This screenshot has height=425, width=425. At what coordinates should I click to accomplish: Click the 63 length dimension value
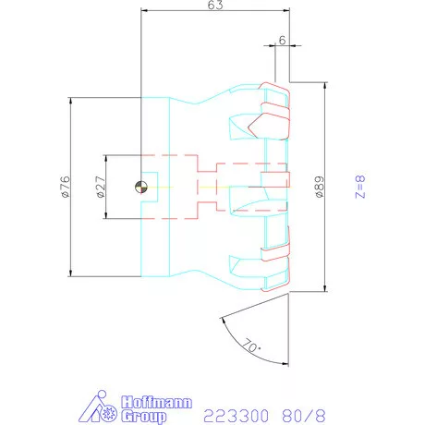click(215, 5)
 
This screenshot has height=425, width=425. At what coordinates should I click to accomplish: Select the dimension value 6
click(282, 40)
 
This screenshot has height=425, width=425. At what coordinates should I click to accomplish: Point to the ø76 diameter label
click(66, 187)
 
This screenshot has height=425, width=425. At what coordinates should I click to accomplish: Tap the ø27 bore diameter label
click(101, 187)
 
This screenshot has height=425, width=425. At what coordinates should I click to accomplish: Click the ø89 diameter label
click(320, 187)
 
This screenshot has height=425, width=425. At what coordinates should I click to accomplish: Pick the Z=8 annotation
click(360, 187)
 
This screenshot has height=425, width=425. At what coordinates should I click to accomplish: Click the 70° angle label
click(251, 346)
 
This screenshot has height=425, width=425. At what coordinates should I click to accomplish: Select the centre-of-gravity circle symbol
click(141, 187)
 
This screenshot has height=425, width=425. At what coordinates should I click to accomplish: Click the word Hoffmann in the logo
click(156, 403)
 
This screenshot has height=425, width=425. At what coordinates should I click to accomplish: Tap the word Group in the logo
click(143, 417)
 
